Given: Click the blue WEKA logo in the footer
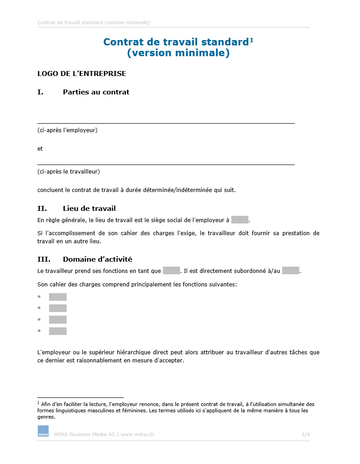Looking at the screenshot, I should tap(43, 431).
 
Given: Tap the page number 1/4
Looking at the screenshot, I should tap(306, 434).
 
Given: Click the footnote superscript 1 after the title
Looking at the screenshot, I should tap(252, 40).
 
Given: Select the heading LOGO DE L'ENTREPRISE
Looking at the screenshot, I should tap(81, 74).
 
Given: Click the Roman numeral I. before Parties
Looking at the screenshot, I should tap(40, 92).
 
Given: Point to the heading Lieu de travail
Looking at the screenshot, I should tap(89, 209).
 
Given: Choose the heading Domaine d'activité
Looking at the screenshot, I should tap(97, 259).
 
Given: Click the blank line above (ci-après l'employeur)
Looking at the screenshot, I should tap(166, 122).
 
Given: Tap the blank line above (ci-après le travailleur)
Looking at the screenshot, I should tap(166, 164).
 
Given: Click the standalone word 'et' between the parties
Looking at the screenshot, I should tap(40, 149).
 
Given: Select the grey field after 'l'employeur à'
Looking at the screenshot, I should tap(240, 220).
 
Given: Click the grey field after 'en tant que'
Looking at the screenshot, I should tap(171, 271).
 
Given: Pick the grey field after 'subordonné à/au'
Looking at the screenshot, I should tap(291, 271).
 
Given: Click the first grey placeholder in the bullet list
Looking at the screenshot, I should tap(58, 297).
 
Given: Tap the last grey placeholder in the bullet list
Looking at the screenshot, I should tap(58, 331).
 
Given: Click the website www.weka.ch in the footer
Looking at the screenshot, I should tap(137, 434).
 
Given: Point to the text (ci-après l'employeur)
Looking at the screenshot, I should tap(67, 130).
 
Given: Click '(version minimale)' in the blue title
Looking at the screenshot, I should tap(178, 53).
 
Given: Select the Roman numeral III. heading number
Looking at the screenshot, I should tap(44, 259).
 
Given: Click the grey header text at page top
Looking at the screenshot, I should tap(94, 22).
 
